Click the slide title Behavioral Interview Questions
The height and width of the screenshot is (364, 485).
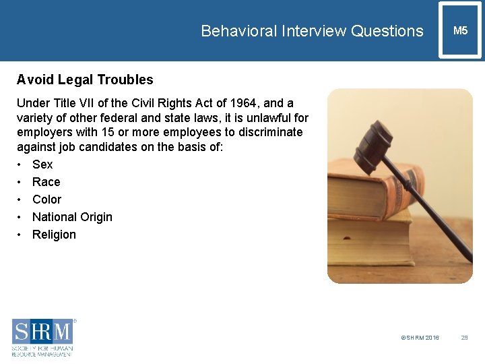312,31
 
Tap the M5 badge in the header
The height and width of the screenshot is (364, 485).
460,31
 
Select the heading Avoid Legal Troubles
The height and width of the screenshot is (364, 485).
85,80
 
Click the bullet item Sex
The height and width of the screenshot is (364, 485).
42,164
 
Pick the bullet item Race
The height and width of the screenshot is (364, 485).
46,182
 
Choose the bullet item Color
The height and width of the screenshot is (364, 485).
47,200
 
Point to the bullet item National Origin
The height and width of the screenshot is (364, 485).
72,217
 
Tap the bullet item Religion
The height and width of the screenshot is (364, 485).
54,235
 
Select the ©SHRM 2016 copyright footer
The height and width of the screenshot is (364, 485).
420,337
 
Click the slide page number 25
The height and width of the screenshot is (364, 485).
464,337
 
